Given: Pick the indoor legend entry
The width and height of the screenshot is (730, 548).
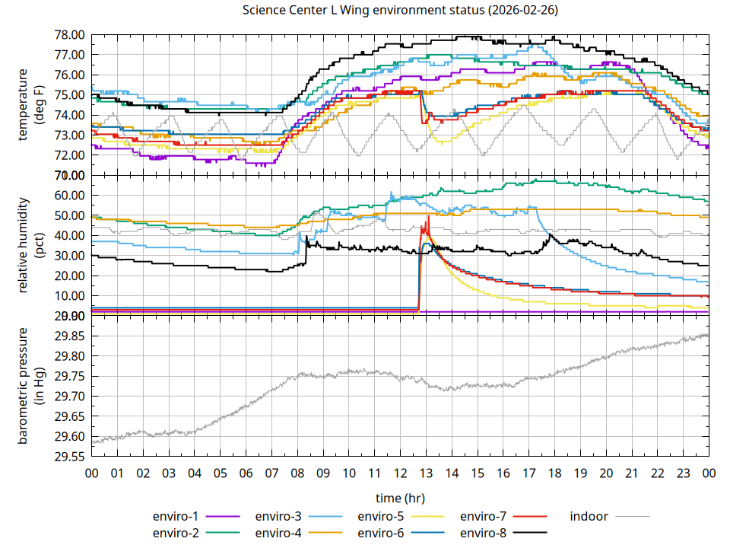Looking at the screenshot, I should click(x=589, y=517).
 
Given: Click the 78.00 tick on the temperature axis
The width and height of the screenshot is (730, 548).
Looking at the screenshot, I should click(x=70, y=35).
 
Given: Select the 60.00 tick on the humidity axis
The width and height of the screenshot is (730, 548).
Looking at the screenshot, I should click(x=70, y=196).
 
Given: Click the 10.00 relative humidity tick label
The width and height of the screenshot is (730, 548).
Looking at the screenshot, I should click(x=70, y=296).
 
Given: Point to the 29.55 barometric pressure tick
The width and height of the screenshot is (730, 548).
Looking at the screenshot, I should click(x=70, y=457).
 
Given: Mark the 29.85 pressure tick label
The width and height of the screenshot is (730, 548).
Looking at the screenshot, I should click(x=70, y=336).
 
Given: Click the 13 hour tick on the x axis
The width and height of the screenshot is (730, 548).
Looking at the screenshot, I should click(x=426, y=473).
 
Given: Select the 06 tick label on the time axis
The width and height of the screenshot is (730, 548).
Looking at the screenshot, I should click(x=246, y=473).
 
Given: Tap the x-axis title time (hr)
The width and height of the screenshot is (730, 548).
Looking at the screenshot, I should click(x=400, y=498).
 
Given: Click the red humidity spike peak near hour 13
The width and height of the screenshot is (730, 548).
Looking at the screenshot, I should click(x=429, y=216).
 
